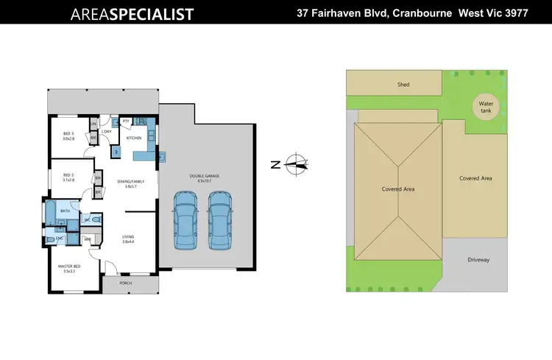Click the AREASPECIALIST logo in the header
132,14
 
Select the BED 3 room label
68,135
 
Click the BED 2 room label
68,177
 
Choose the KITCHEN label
134,138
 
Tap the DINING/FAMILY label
130,183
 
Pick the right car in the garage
219,221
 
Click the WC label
87,219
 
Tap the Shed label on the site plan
403,85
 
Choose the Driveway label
478,260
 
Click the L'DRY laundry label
107,132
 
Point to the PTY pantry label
126,121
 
